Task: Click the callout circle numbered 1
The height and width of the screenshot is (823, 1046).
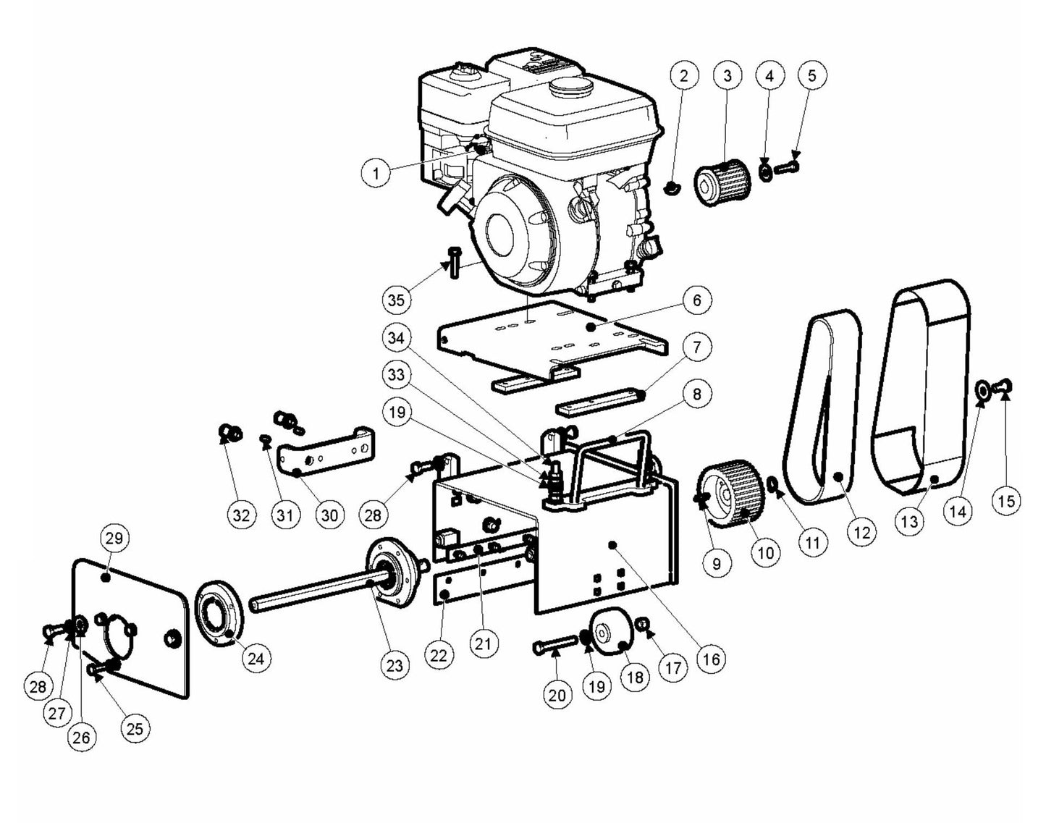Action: point(376,172)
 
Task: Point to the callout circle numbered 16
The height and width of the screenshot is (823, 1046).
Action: point(711,659)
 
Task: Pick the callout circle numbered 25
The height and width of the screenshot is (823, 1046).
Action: point(135,729)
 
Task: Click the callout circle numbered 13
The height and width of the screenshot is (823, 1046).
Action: point(909,521)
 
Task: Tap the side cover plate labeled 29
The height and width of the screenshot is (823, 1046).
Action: point(130,622)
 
